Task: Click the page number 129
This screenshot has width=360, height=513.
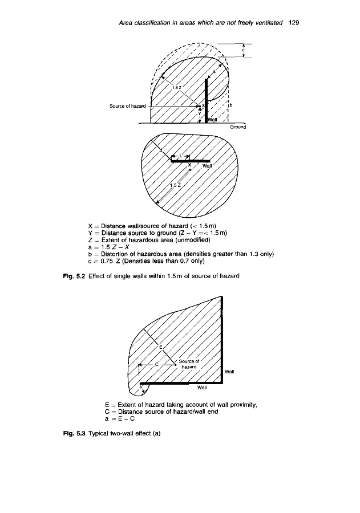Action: (294, 23)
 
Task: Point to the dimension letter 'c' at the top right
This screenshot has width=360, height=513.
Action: (244, 50)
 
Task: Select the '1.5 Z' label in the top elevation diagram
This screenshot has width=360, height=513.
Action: (177, 87)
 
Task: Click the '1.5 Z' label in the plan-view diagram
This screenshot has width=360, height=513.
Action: (176, 185)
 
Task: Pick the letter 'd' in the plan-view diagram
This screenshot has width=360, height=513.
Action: (161, 150)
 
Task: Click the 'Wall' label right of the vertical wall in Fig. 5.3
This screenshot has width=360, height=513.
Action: (231, 372)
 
